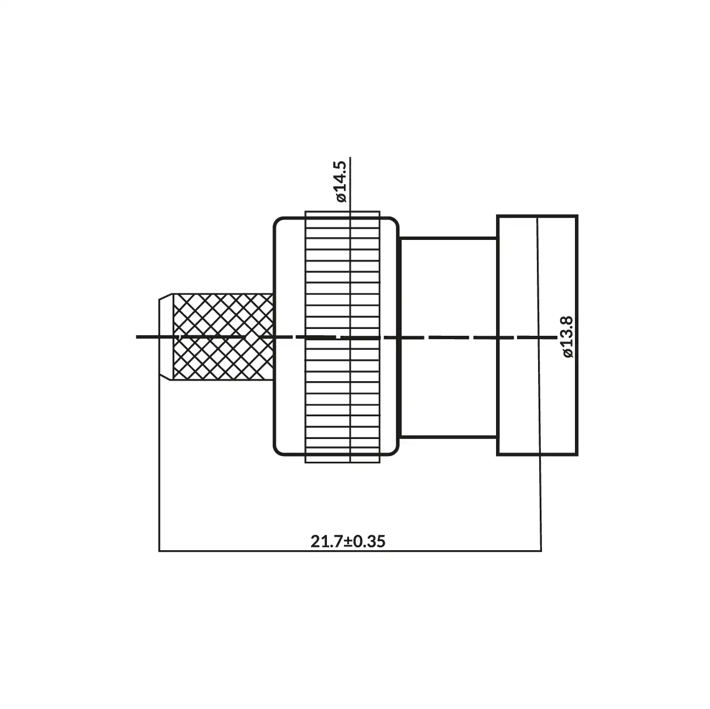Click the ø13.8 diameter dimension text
tap(569, 337)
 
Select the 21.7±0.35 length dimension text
tap(347, 541)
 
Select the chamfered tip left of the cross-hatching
tap(165, 337)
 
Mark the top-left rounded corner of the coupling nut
tap(278, 222)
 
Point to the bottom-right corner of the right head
tap(577, 454)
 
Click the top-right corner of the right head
tap(577, 216)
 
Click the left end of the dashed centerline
tap(138, 337)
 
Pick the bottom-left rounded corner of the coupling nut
tap(278, 452)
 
